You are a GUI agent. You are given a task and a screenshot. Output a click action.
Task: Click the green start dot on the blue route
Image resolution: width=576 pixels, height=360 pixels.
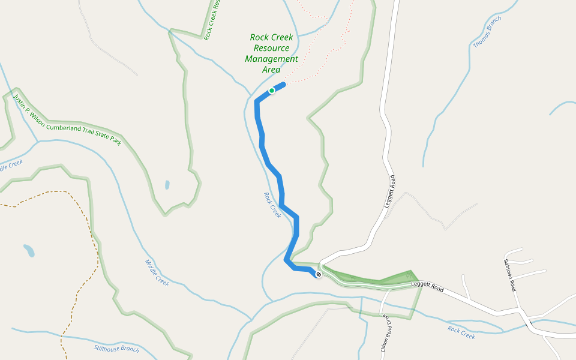tap(272, 91)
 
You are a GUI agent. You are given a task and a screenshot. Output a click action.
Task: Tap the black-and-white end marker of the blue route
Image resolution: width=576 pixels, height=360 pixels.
tap(319, 275)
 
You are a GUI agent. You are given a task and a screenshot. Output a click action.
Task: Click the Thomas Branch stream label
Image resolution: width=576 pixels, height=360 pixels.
tap(487, 32)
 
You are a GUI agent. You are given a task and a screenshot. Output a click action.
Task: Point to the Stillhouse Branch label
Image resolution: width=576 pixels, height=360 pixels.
tap(116, 349)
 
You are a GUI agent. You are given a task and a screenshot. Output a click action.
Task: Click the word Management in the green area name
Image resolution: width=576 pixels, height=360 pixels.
tap(271, 59)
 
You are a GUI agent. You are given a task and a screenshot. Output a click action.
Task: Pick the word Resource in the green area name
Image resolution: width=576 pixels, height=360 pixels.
tap(271, 48)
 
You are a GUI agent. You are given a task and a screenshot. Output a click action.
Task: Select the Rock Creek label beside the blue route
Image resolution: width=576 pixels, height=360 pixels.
tap(272, 205)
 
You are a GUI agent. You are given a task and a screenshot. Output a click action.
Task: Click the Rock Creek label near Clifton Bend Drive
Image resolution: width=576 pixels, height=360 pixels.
tap(461, 332)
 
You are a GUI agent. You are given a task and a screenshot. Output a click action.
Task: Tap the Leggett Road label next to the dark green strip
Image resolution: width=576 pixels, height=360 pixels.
tap(427, 286)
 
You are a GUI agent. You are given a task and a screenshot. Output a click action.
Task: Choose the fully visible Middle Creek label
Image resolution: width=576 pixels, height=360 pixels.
tap(157, 272)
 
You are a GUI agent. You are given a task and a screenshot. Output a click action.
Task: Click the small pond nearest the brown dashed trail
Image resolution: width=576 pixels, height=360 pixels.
tap(29, 250)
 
